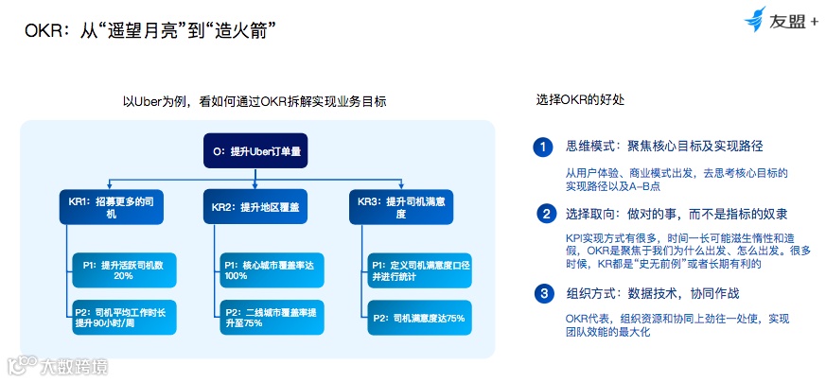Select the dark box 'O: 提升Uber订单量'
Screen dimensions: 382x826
(x=257, y=150)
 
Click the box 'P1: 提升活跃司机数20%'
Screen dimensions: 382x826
(x=124, y=269)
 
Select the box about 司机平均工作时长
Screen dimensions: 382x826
(x=124, y=318)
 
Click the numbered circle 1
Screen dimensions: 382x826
(x=542, y=147)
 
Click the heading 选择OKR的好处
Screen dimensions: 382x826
(x=580, y=99)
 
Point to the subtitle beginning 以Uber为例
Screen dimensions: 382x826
(x=255, y=101)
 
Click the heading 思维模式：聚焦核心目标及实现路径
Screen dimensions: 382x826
(x=664, y=147)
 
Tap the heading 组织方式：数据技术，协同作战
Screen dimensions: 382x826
(x=652, y=293)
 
